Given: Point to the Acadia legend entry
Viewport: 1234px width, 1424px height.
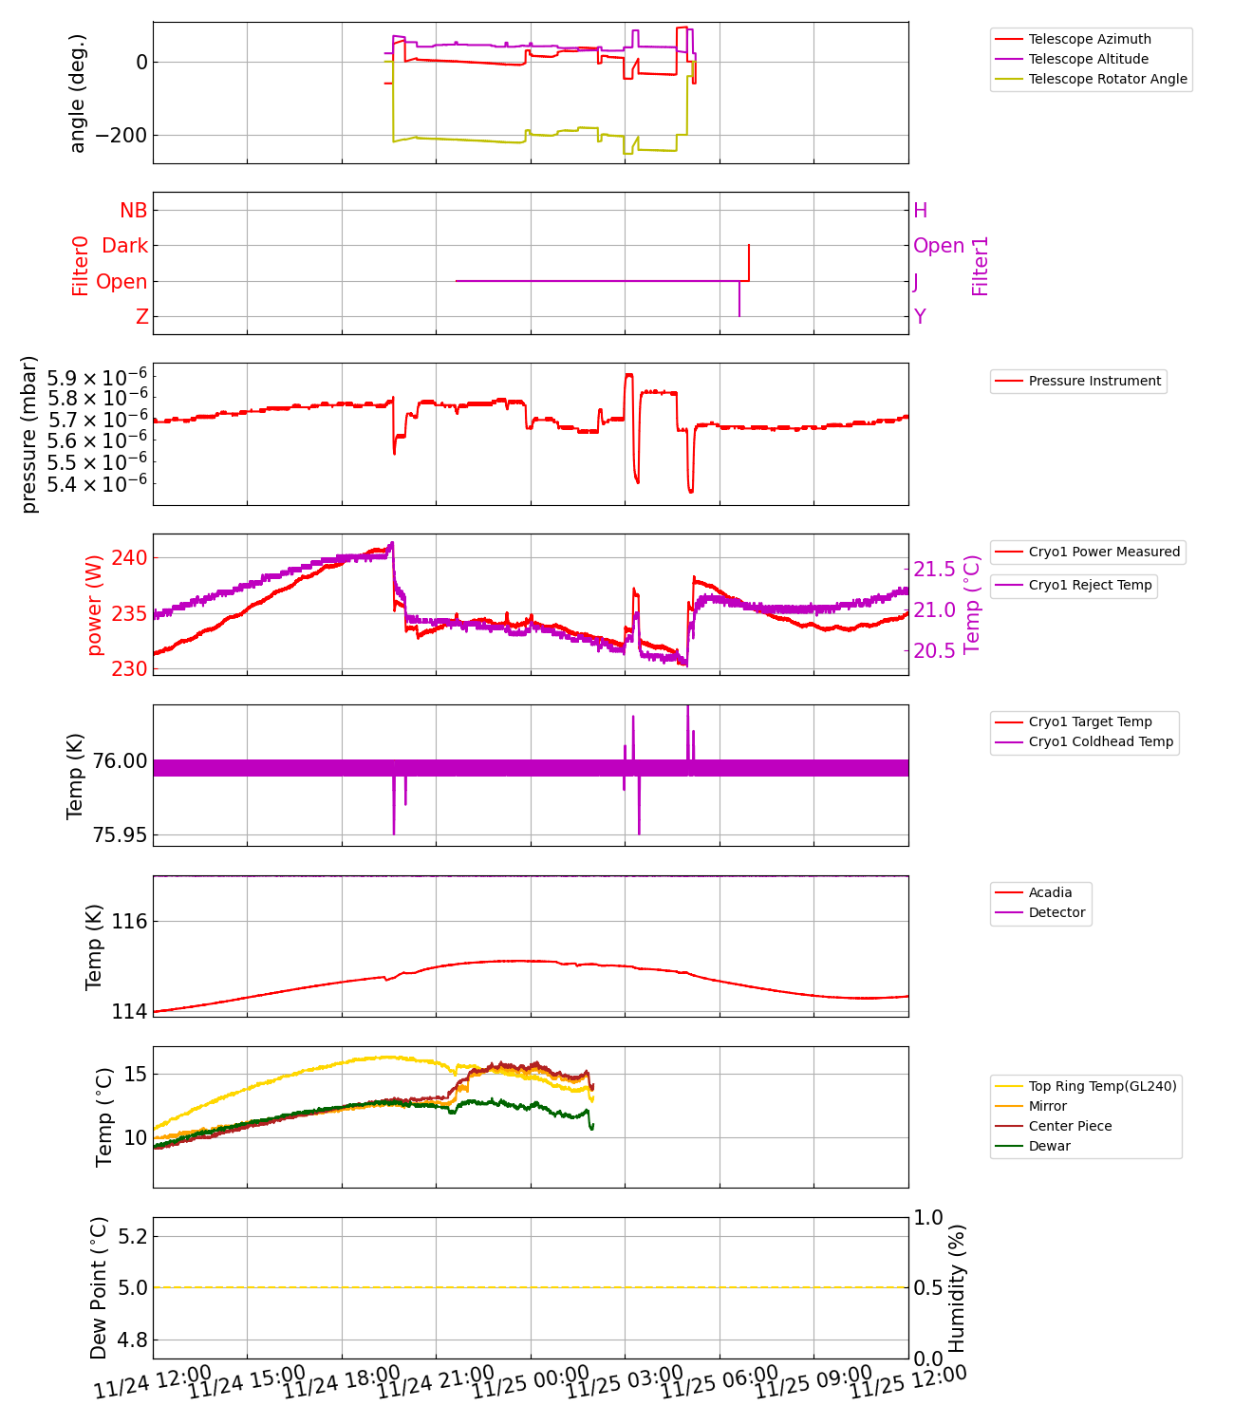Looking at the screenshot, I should coord(1050,892).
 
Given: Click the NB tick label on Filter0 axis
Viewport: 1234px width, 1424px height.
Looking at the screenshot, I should coord(134,211).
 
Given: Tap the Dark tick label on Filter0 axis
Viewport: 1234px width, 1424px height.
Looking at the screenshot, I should coord(124,246).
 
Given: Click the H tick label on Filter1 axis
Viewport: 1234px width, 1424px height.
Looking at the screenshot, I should coord(920,211).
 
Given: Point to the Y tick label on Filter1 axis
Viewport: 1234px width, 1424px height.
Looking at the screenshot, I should coord(920,317).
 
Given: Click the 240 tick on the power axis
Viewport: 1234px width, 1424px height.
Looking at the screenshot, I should coord(129,557).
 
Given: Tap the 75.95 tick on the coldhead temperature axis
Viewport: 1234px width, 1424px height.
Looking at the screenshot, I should coord(120,835).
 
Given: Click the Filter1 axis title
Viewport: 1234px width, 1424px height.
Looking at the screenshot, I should coord(981,266).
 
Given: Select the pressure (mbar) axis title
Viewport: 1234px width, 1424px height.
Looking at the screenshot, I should coord(29,434).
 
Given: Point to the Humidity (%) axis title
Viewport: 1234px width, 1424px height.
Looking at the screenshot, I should coord(957,1288).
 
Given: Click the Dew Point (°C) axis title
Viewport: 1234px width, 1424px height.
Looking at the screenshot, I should coord(99,1288).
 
